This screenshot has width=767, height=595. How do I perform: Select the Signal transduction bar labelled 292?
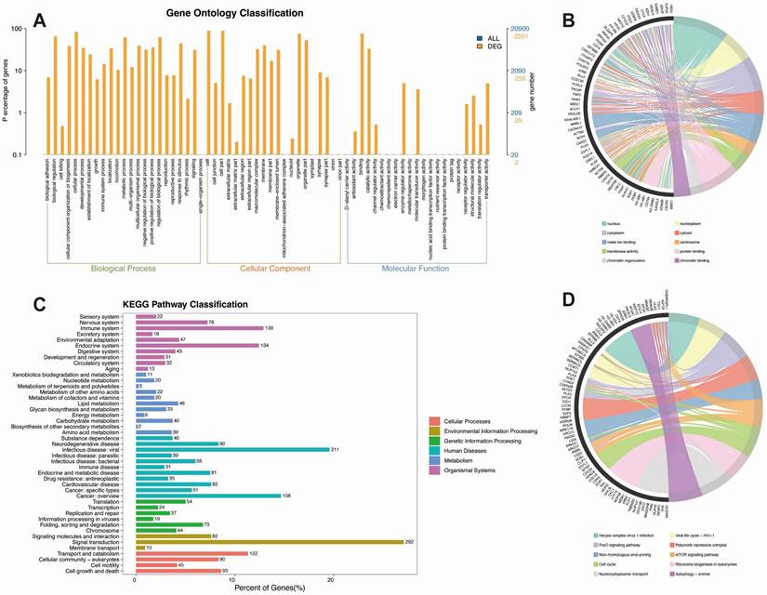tap(270, 541)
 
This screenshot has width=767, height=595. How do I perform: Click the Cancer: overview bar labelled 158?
tap(207, 496)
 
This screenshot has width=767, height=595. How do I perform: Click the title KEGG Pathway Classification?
tap(191, 304)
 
